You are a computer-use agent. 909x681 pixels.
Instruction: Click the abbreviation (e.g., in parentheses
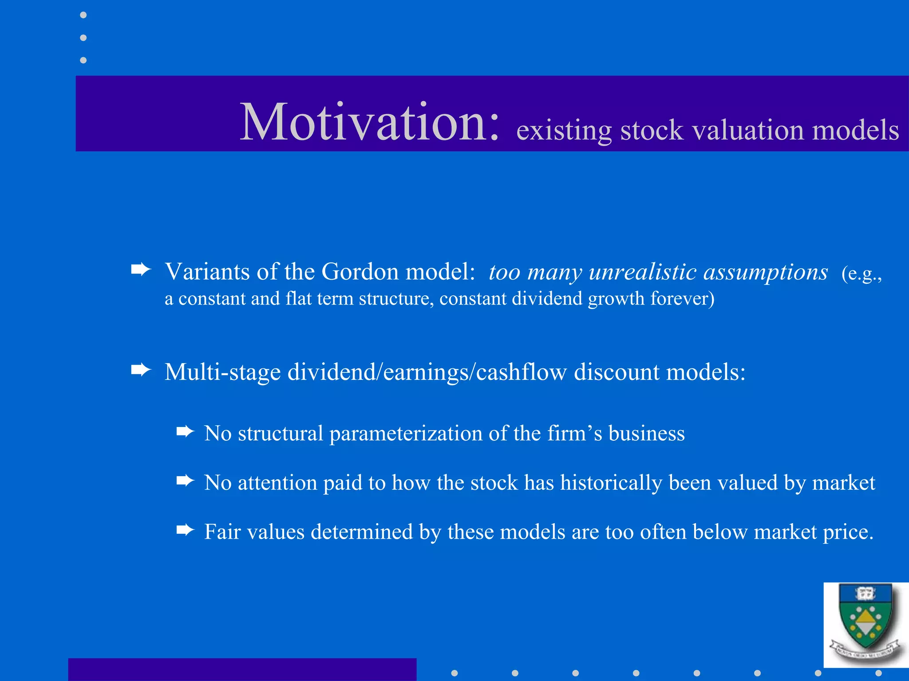(861, 274)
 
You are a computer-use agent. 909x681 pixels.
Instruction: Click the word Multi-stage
(222, 372)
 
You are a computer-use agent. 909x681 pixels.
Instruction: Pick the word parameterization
(406, 433)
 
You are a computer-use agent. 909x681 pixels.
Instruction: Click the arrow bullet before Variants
(141, 269)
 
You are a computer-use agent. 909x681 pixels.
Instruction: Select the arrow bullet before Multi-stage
(141, 369)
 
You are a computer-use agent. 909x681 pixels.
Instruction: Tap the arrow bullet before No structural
(185, 431)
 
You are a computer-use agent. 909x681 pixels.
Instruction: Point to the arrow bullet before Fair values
(185, 529)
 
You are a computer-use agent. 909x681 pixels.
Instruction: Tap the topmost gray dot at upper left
(83, 15)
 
